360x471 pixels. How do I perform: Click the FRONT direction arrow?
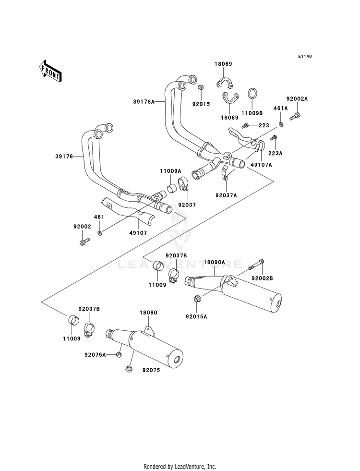pyautogui.click(x=50, y=71)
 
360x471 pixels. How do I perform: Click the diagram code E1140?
pyautogui.click(x=305, y=56)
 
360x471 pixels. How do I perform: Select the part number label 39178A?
pyautogui.click(x=144, y=102)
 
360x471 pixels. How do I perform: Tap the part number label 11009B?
pyautogui.click(x=252, y=113)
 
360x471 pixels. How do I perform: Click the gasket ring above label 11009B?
pyautogui.click(x=252, y=94)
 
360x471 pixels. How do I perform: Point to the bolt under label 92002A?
pyautogui.click(x=295, y=116)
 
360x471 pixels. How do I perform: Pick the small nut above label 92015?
pyautogui.click(x=201, y=87)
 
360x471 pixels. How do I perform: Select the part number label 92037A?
pyautogui.click(x=226, y=195)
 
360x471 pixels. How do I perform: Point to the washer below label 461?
pyautogui.click(x=99, y=232)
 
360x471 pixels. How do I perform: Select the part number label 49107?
pyautogui.click(x=138, y=233)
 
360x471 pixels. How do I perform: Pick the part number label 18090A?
pyautogui.click(x=215, y=262)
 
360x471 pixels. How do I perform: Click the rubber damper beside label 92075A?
pyautogui.click(x=119, y=354)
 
